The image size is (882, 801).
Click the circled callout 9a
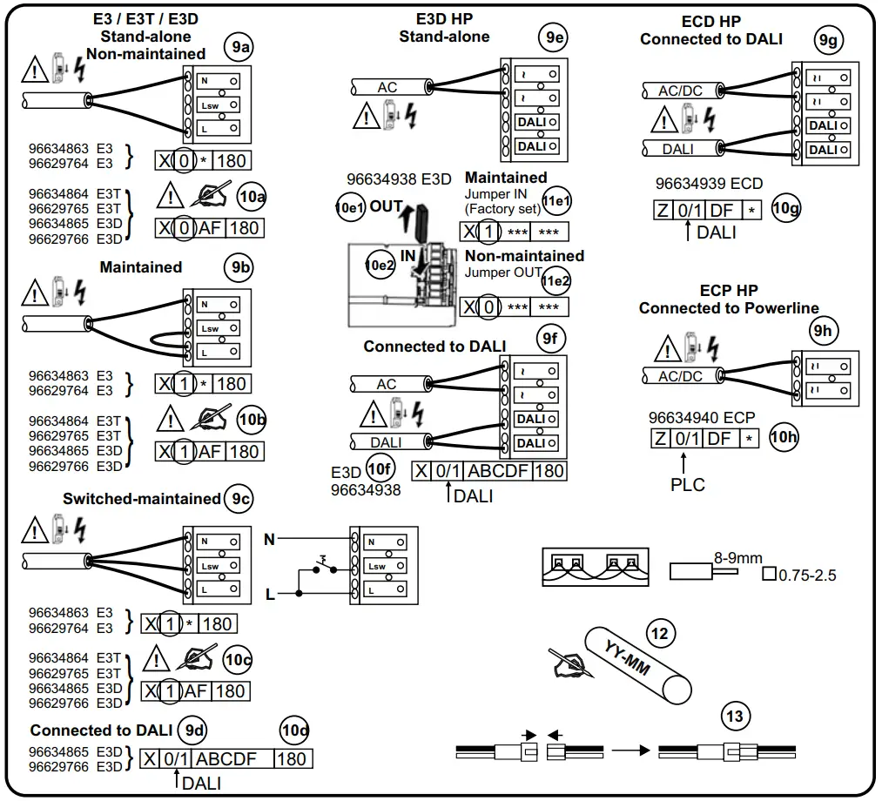point(238,48)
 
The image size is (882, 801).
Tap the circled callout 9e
point(551,37)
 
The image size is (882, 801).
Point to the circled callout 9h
point(822,331)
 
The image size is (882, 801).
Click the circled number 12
point(660,634)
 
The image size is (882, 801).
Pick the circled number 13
point(735,717)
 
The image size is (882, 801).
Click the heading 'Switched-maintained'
point(141,499)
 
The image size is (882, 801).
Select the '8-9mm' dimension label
point(737,558)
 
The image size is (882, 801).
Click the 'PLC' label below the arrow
point(687,484)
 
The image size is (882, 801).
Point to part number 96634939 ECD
point(709,184)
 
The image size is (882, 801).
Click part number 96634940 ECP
point(702,417)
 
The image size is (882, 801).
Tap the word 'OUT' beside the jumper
point(386,207)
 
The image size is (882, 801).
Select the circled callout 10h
point(784,437)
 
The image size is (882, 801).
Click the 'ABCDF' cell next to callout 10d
point(226,758)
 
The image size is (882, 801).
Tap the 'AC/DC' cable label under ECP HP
point(679,376)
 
